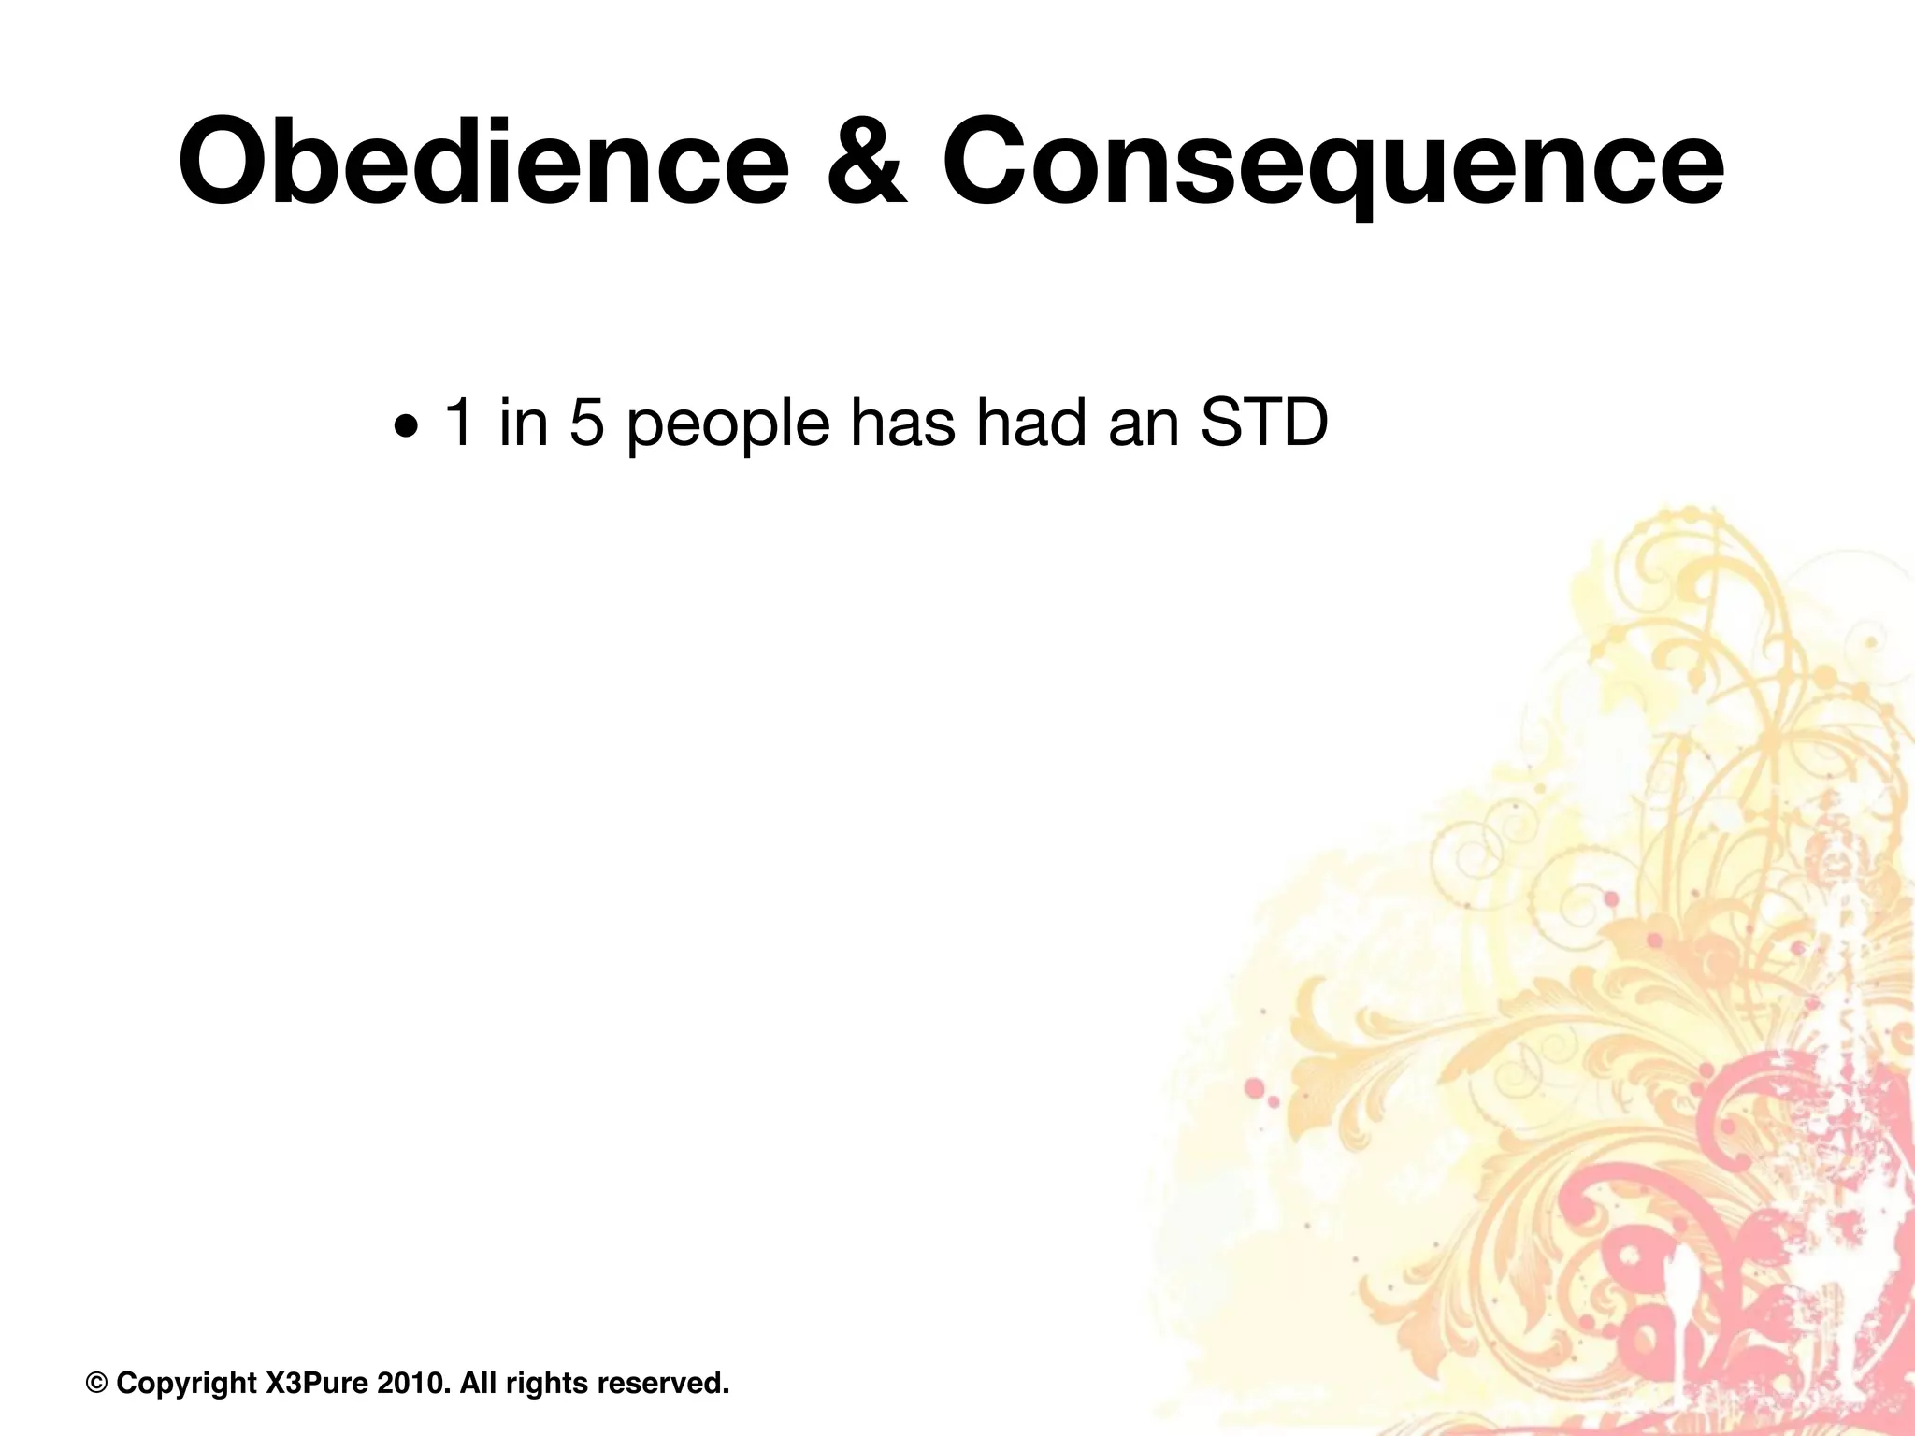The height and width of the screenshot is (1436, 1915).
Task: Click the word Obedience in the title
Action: point(482,161)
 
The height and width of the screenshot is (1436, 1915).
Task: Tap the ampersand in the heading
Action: point(867,161)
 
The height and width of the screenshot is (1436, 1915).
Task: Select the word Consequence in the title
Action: point(1332,161)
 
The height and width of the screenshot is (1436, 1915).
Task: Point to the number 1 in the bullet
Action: point(458,423)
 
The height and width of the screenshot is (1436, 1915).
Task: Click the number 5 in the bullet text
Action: point(586,423)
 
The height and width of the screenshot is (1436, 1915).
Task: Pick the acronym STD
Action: point(1262,423)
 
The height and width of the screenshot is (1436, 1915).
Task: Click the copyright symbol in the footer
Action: point(96,1382)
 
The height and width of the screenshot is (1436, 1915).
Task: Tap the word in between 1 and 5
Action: point(523,423)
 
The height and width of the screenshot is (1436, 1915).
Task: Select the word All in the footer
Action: point(480,1382)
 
